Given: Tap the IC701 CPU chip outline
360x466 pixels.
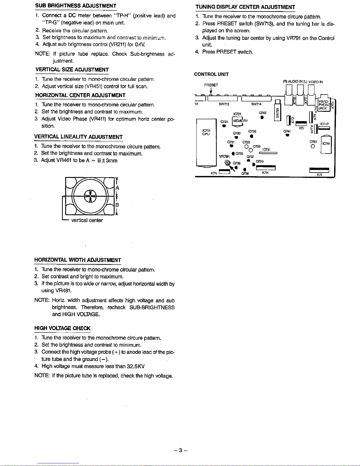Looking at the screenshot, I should [206, 142].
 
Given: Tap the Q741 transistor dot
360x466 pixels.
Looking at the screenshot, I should [288, 135].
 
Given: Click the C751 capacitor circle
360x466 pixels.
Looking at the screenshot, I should [313, 146].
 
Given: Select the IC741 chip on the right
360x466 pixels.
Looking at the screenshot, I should [326, 144].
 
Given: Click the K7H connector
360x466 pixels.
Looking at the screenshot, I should [266, 168].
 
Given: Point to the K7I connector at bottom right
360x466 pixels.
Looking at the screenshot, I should [319, 170].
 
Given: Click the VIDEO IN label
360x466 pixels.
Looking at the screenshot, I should [316, 82].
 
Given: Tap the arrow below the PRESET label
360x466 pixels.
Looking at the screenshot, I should [211, 90].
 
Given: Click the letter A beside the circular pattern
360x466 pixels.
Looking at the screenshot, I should [117, 188].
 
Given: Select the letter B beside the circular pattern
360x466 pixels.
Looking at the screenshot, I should [117, 205].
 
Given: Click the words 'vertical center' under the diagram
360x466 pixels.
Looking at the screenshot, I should [87, 220].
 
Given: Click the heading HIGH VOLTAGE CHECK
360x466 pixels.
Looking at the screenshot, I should [62, 328].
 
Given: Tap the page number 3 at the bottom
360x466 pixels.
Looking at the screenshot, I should [180, 450].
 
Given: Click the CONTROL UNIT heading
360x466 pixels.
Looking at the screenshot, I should [211, 74].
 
